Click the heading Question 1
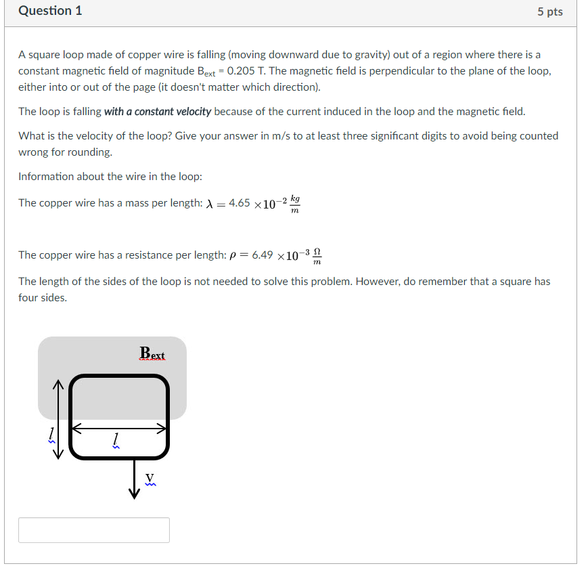(x=50, y=11)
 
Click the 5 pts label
(x=549, y=12)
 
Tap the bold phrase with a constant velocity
(x=158, y=111)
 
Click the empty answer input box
(x=94, y=529)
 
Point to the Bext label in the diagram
(x=152, y=353)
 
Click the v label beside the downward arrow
(x=150, y=478)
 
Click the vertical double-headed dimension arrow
(x=58, y=419)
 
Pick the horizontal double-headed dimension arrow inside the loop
(x=119, y=428)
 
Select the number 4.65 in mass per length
(x=240, y=203)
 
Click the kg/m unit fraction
(x=294, y=204)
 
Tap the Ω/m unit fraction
(x=317, y=256)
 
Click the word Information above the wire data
(x=46, y=176)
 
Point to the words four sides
(x=43, y=297)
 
